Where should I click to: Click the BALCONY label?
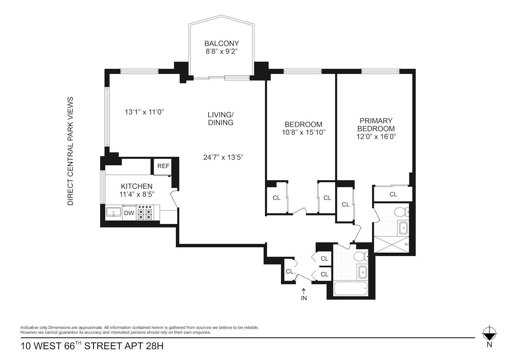point(221,43)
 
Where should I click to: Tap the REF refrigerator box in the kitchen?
point(163,166)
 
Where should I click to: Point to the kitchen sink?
point(113,213)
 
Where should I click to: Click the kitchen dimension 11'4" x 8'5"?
point(137,194)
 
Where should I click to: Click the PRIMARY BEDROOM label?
point(376,125)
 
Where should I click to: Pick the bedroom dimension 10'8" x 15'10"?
point(303,132)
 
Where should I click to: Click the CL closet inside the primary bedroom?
point(393,194)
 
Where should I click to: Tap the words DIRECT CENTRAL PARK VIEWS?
point(71,151)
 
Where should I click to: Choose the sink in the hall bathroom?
point(362,272)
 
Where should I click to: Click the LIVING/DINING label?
point(220,118)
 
